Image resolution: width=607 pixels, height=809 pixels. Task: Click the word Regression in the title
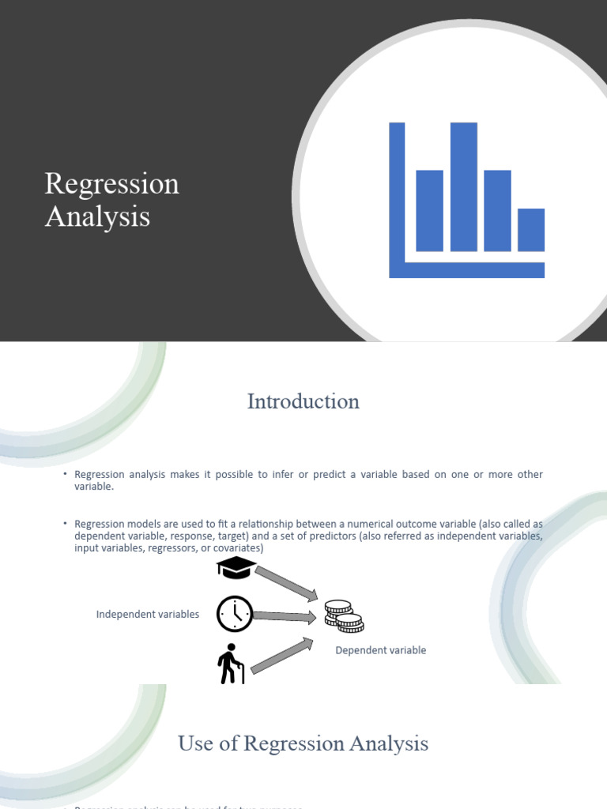click(111, 184)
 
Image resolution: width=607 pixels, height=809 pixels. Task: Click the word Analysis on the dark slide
click(97, 216)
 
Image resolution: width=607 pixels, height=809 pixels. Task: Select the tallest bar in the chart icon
click(463, 186)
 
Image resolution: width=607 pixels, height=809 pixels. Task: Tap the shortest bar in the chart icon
click(531, 229)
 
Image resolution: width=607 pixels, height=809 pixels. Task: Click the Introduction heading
click(303, 401)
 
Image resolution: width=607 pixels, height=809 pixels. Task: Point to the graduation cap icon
click(236, 568)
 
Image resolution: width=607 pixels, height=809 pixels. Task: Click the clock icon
click(235, 614)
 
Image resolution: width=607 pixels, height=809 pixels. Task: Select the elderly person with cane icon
click(230, 664)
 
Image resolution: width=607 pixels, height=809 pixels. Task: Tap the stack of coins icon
click(343, 616)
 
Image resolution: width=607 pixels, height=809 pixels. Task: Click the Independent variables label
click(148, 615)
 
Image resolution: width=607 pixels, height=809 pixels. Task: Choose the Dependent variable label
click(381, 650)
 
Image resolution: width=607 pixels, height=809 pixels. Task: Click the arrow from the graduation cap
click(286, 582)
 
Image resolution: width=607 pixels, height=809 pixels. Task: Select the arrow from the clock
click(285, 616)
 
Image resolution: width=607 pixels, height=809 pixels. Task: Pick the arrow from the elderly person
click(281, 657)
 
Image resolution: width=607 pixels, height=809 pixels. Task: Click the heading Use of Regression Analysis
click(303, 743)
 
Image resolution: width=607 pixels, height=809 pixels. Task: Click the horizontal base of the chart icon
click(466, 269)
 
